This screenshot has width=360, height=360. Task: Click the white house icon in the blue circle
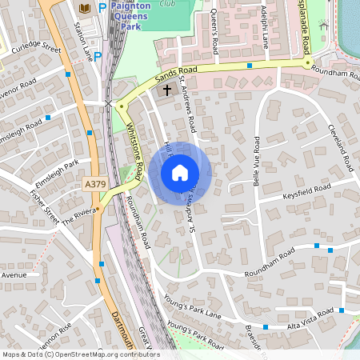(x=179, y=172)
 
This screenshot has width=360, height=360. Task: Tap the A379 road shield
(x=94, y=184)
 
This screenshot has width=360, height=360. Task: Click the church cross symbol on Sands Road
(x=167, y=90)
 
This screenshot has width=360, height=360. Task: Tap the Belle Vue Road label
(x=256, y=159)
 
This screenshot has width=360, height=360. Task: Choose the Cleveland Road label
(x=339, y=147)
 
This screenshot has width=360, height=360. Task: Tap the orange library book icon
(x=84, y=8)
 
